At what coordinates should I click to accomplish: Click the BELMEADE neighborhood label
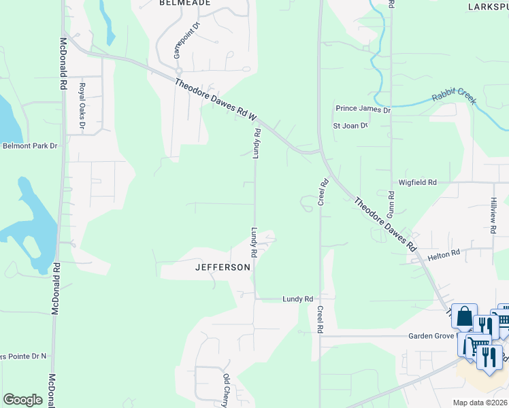(184, 3)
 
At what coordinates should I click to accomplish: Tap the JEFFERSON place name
(223, 267)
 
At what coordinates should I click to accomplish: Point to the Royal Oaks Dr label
(82, 106)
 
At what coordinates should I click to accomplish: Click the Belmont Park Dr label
(30, 146)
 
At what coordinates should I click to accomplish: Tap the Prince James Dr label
(363, 109)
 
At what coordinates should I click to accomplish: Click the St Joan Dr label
(350, 126)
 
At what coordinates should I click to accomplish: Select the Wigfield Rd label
(418, 183)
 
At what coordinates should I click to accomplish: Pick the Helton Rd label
(444, 255)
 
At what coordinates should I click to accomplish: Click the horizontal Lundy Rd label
(298, 299)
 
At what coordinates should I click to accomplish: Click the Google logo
(22, 400)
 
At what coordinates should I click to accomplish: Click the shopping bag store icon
(464, 317)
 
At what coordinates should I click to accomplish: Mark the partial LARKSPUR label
(488, 6)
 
